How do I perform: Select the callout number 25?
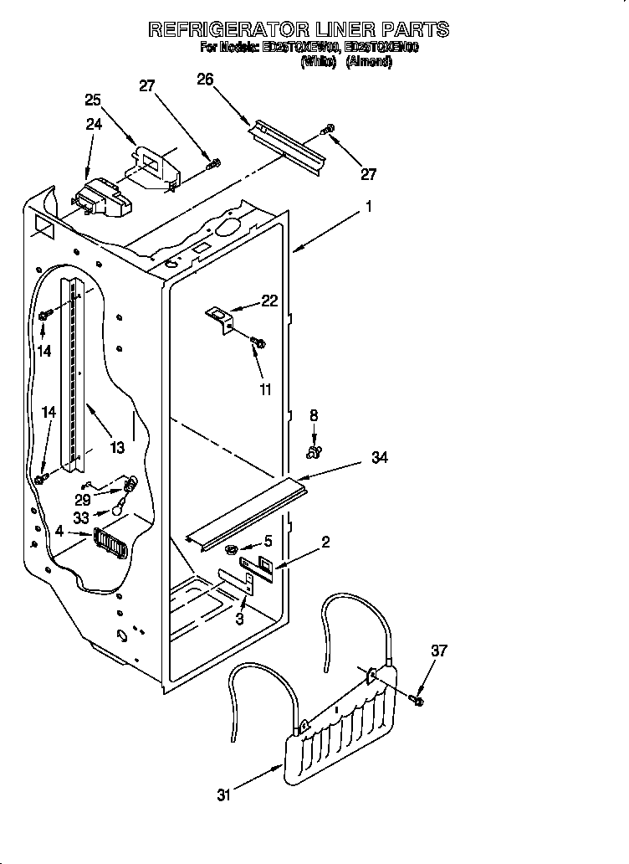coord(94,100)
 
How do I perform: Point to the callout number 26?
coord(205,79)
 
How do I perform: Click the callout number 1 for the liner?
coord(368,205)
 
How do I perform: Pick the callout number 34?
coord(380,458)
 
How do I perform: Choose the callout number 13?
coord(116,448)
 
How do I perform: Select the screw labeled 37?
coord(417,697)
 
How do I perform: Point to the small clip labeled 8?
coord(314,453)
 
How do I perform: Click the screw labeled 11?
coord(258,342)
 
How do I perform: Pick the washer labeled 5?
coord(229,549)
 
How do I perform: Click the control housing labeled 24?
coord(100,200)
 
